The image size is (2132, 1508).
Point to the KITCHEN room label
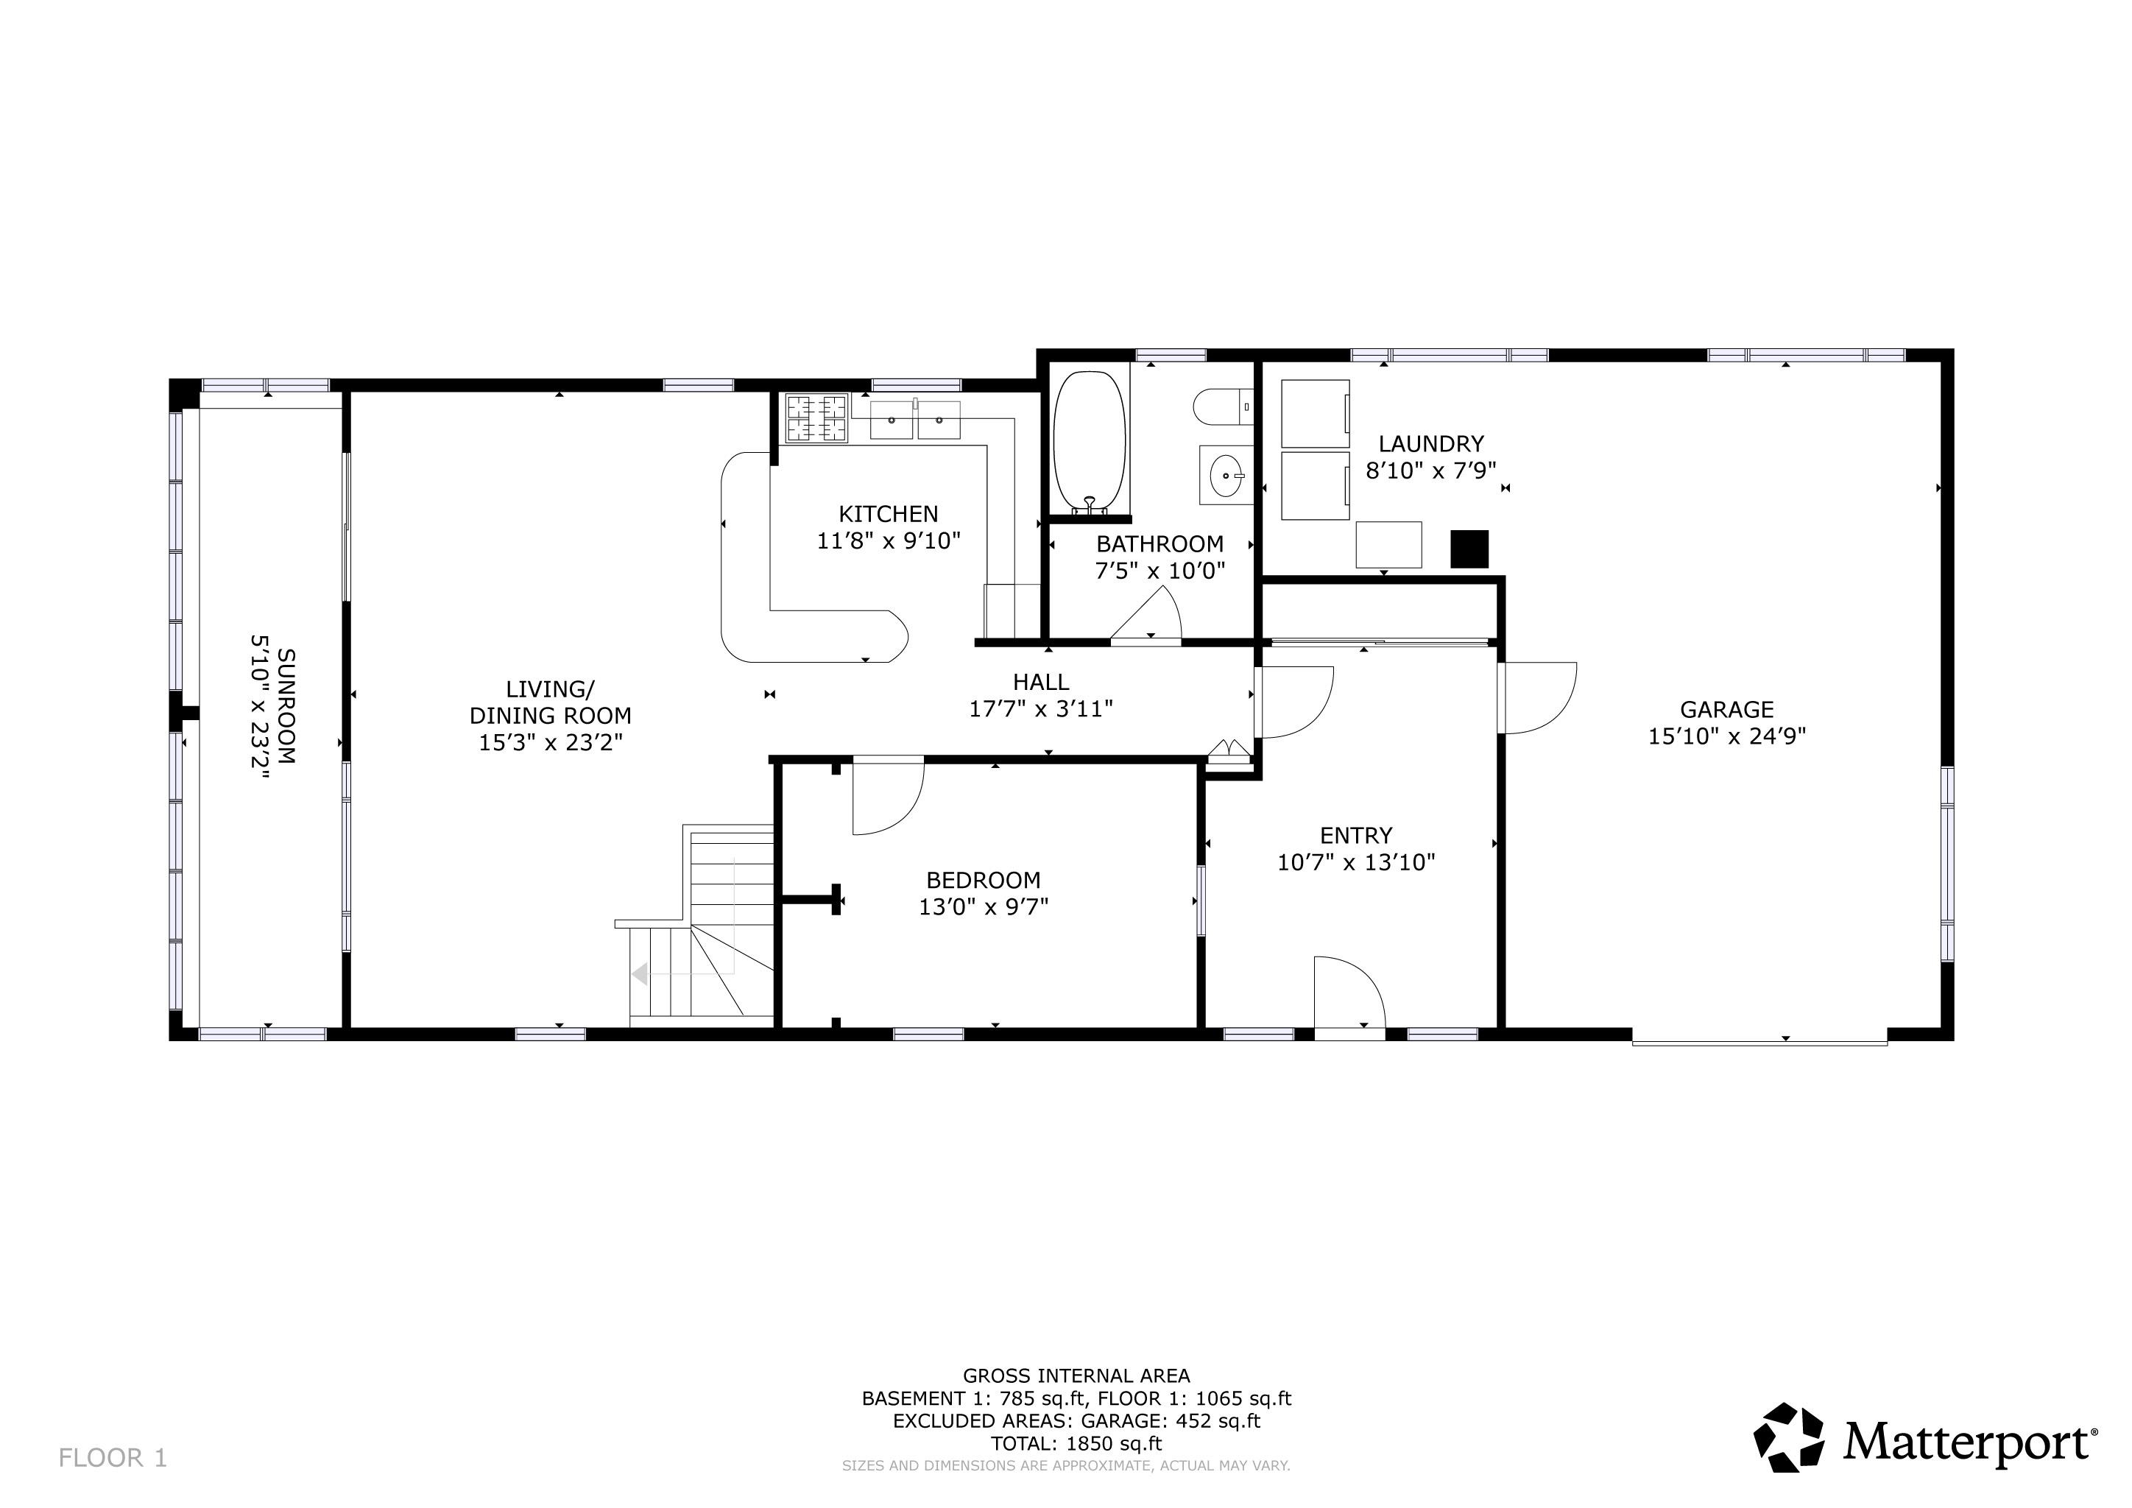pyautogui.click(x=888, y=513)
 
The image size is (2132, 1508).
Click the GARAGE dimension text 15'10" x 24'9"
pyautogui.click(x=1726, y=736)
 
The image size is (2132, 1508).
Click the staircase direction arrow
pyautogui.click(x=640, y=974)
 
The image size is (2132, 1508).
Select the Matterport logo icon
pyautogui.click(x=1788, y=1437)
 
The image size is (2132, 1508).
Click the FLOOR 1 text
pyautogui.click(x=113, y=1458)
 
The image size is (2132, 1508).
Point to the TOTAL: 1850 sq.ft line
pyautogui.click(x=1076, y=1443)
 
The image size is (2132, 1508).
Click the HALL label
pyautogui.click(x=1040, y=682)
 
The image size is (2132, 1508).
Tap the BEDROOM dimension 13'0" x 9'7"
pyautogui.click(x=984, y=906)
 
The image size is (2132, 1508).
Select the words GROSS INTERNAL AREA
pyautogui.click(x=1076, y=1376)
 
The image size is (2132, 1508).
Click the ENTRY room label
pyautogui.click(x=1356, y=835)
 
